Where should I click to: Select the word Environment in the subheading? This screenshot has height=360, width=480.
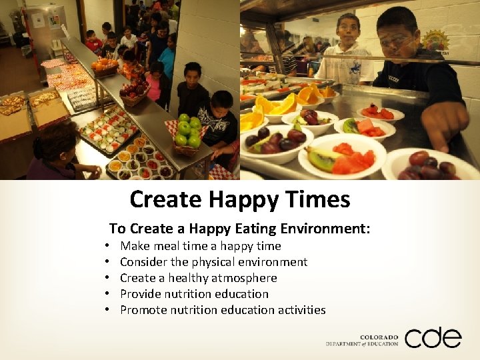click(x=326, y=229)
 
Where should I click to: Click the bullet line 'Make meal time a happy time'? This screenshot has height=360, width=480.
click(x=201, y=246)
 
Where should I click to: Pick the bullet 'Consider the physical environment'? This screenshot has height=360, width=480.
click(x=213, y=262)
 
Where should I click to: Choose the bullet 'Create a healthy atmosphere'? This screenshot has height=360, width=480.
click(x=199, y=278)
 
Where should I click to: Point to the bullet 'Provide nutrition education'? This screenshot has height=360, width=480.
click(x=194, y=294)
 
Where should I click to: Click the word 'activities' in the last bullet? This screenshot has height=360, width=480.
click(x=301, y=310)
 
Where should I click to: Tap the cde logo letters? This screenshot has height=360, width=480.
click(x=433, y=338)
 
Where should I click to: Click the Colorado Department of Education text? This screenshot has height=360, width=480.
click(x=363, y=341)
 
